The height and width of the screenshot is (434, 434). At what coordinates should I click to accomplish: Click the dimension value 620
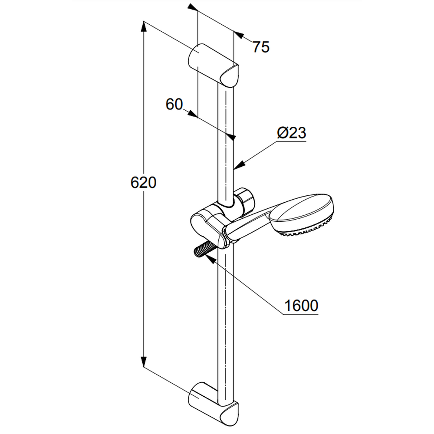pyautogui.click(x=143, y=183)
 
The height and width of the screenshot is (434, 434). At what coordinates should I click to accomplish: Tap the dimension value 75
pyautogui.click(x=261, y=47)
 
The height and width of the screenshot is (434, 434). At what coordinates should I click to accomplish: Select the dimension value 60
pyautogui.click(x=174, y=104)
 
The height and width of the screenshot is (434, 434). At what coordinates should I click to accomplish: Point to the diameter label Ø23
pyautogui.click(x=292, y=132)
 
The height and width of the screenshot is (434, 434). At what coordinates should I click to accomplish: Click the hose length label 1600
pyautogui.click(x=301, y=306)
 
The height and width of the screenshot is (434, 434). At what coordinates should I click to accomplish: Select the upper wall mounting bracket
pyautogui.click(x=213, y=66)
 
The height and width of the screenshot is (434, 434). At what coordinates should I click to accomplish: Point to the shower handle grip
pyautogui.click(x=248, y=226)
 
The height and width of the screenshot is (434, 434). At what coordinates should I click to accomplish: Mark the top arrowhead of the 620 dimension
pyautogui.click(x=143, y=26)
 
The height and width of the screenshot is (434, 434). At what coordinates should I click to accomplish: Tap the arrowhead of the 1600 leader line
pyautogui.click(x=210, y=259)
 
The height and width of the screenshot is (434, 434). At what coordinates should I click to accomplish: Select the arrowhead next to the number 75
pyautogui.click(x=239, y=35)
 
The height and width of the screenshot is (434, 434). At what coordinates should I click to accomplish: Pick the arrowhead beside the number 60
pyautogui.click(x=193, y=114)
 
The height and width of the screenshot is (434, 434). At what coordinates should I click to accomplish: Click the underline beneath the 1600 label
pyautogui.click(x=301, y=314)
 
